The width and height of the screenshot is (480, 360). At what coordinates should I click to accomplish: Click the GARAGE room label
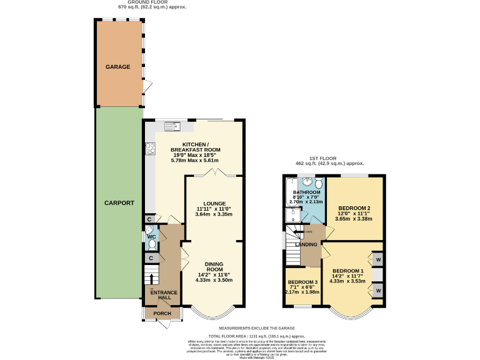[117, 66]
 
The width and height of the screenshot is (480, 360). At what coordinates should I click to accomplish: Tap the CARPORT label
[119, 203]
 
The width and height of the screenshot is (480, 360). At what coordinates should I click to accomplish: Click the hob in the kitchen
[151, 149]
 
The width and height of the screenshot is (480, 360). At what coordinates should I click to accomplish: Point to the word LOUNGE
[214, 203]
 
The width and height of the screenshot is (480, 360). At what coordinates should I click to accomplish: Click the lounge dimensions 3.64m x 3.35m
[214, 214]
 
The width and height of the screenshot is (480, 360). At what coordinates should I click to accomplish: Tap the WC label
[151, 237]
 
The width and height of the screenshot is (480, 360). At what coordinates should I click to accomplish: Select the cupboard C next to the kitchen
[150, 219]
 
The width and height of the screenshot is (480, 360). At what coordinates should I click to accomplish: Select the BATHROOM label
[307, 192]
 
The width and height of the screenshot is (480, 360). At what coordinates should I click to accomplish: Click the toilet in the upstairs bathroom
[318, 183]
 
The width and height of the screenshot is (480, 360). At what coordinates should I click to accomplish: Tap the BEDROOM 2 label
[354, 207]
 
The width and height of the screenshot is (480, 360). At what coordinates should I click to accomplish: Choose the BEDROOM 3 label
[303, 282]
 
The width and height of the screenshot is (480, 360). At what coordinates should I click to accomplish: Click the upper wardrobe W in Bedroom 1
[378, 259]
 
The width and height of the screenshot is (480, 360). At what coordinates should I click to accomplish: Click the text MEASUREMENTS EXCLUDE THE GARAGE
[256, 328]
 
